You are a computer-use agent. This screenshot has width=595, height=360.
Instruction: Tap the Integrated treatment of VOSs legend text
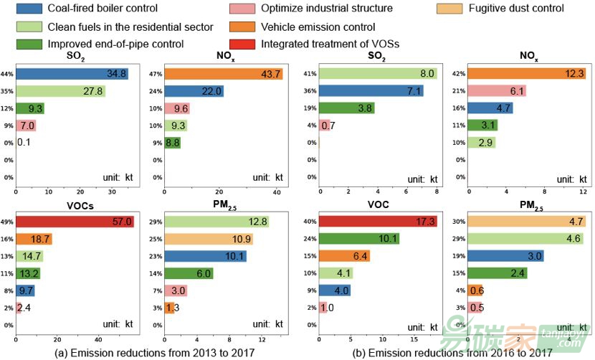pyautogui.click(x=330, y=44)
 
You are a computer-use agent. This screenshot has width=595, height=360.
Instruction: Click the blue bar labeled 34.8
pyautogui.click(x=72, y=74)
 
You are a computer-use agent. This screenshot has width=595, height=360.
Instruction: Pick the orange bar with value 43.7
pyautogui.click(x=223, y=74)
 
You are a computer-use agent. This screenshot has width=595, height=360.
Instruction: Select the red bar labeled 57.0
pyautogui.click(x=75, y=222)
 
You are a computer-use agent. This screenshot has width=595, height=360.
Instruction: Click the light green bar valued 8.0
pyautogui.click(x=378, y=74)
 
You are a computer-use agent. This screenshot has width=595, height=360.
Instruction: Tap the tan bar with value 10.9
pyautogui.click(x=209, y=239)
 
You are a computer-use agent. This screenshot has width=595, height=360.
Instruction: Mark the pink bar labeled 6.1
pyautogui.click(x=497, y=91)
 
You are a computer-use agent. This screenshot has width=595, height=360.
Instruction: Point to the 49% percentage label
pyautogui.click(x=8, y=222)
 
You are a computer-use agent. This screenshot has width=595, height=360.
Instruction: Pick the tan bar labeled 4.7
pyautogui.click(x=526, y=222)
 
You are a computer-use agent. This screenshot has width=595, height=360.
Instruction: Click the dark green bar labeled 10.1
pyautogui.click(x=359, y=239)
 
